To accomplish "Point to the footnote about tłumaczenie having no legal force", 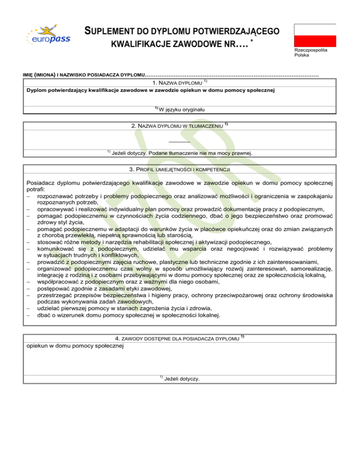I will [x=180, y=153].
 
